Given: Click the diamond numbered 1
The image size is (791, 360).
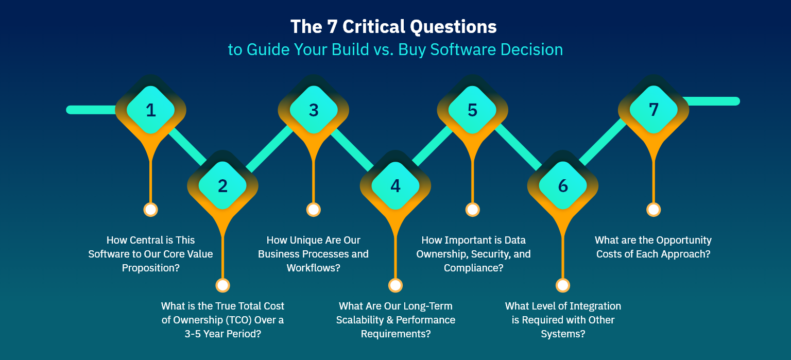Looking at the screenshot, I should pos(150,110).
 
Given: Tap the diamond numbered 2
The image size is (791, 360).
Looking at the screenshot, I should pos(222,185).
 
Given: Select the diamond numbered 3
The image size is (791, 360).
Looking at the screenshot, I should pos(314,110).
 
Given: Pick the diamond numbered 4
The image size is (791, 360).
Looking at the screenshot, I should pos(395,185).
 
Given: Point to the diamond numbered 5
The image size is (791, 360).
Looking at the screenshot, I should pos(472,110).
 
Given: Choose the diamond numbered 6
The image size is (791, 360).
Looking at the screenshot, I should pos(563,185).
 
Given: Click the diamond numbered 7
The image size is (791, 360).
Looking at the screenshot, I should pos(654,109).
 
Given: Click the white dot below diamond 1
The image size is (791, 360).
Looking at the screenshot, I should pos(150,210).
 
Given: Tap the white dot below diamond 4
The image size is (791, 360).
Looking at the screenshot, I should pos(395,285).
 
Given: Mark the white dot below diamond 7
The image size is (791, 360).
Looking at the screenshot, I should pos(654,210).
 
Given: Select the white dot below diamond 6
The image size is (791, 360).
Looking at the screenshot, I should pos(563,285).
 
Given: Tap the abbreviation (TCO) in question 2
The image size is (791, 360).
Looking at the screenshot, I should pos(238,320).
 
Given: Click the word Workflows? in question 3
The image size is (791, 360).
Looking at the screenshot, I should pos(313,268).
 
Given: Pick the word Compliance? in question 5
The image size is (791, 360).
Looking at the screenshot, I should pos(473,268).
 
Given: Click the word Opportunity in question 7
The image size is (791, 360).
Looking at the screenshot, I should pos(682,240).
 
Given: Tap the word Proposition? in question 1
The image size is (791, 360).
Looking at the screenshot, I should pos(150,268).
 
